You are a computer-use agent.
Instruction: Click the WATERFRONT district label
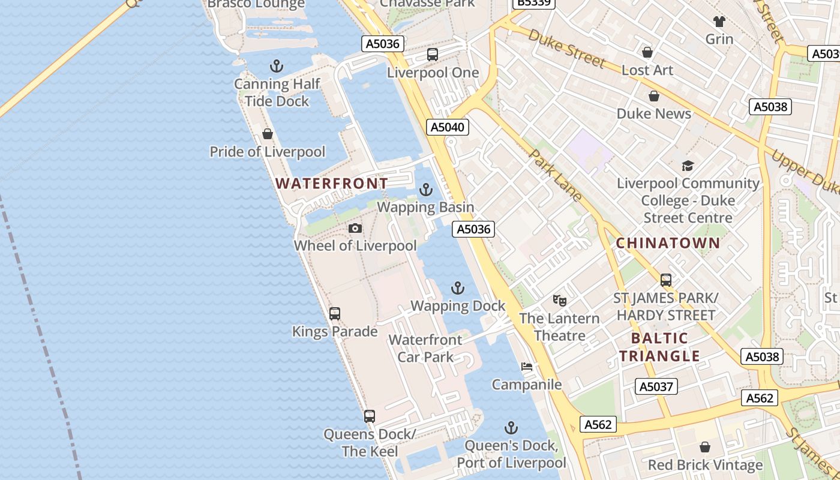coord(332,184)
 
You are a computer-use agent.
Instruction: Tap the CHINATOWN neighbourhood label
coord(668,243)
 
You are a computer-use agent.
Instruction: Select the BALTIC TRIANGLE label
coord(659,347)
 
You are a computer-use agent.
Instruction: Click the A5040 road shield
coord(448,127)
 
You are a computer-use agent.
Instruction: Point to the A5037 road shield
coord(656,386)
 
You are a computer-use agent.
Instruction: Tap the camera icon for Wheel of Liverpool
coord(355,229)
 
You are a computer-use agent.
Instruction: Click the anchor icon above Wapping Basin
coord(425,190)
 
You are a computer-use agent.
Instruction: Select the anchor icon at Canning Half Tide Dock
coord(277,66)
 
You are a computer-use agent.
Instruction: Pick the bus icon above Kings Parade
coord(335,314)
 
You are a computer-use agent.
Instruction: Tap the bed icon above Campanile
coord(527,367)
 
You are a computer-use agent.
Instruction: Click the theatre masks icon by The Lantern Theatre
coord(559,300)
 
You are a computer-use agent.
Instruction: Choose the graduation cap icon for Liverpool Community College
coord(688,166)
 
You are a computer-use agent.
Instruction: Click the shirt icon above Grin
coord(719,22)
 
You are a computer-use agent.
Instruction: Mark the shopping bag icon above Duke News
coord(654,96)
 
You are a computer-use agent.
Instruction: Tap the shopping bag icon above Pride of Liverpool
coord(268,134)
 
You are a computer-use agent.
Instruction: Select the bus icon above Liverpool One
coord(433,55)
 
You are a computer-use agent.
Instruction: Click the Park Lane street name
coord(556,175)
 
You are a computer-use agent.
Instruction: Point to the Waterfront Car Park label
coord(425,348)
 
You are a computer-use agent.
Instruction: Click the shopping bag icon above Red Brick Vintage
coord(705,447)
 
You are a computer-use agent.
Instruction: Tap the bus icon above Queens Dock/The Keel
coord(370,416)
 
